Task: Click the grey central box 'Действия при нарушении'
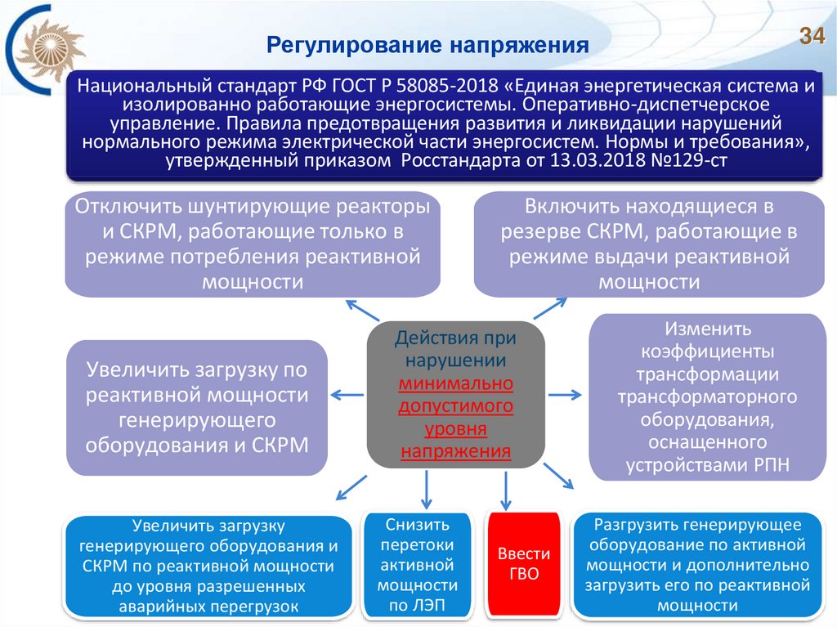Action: click(456, 393)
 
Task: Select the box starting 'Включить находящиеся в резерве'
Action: click(649, 244)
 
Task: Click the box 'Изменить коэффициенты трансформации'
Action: click(707, 397)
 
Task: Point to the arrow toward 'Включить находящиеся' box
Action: click(549, 308)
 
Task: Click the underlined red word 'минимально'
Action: click(456, 383)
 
